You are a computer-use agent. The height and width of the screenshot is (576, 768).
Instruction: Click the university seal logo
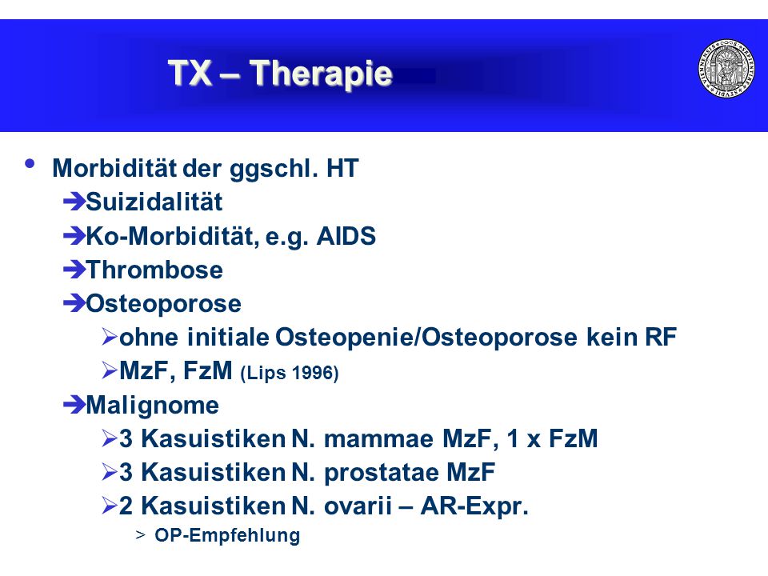[726, 68]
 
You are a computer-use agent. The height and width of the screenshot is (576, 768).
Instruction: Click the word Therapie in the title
[321, 74]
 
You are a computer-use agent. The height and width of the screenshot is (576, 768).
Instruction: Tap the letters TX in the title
[190, 73]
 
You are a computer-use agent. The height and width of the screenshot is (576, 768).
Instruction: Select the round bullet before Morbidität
[30, 163]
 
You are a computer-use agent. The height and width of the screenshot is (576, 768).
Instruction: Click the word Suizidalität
[154, 202]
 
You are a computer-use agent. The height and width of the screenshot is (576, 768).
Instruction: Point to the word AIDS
[346, 236]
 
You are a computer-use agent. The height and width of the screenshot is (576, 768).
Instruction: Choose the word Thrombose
[154, 270]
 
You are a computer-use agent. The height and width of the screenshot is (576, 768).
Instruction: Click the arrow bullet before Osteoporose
[74, 304]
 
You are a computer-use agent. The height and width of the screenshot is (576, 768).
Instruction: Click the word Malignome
[152, 406]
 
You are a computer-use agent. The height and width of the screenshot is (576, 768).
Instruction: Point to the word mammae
[378, 439]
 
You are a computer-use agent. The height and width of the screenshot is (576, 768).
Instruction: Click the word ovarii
[358, 506]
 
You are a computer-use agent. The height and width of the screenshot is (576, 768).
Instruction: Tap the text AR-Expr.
[474, 506]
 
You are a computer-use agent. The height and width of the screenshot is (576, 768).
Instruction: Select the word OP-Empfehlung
[227, 535]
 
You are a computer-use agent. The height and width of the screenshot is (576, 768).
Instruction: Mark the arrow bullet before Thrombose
[74, 270]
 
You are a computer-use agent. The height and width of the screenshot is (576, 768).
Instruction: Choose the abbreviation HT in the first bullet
[342, 169]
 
